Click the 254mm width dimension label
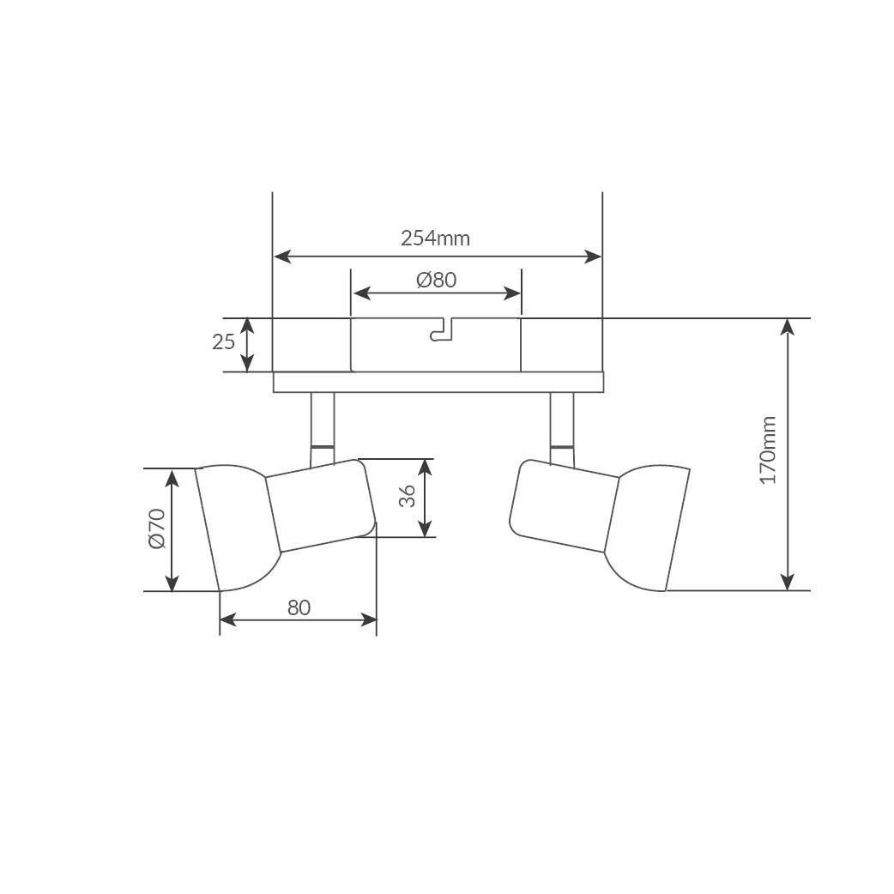(x=435, y=238)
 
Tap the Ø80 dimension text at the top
(x=437, y=280)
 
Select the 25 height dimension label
(x=223, y=342)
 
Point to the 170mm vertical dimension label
(x=769, y=450)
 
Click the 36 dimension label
(x=407, y=497)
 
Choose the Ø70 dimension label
(x=157, y=529)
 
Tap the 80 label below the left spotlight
(x=299, y=607)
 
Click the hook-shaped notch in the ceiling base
(x=441, y=330)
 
